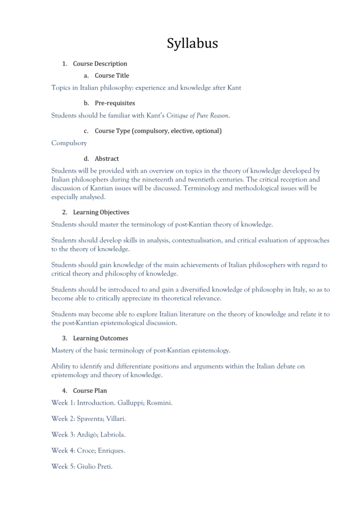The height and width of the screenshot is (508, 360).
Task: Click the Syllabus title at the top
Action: (192, 43)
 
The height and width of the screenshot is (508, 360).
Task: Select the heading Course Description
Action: (100, 63)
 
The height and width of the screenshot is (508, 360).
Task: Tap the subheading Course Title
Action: (112, 75)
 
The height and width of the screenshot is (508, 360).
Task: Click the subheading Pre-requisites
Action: (115, 103)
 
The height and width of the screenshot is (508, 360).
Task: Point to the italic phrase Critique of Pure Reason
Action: (197, 116)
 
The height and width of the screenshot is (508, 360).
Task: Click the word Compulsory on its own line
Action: (69, 143)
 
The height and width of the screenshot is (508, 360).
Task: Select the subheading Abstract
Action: (107, 159)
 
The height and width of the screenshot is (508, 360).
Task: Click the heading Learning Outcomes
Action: (100, 338)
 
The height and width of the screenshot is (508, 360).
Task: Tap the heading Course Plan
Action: (90, 390)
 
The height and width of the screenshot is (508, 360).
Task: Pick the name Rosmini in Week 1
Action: (159, 402)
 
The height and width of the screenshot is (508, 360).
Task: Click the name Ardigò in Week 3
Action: (87, 435)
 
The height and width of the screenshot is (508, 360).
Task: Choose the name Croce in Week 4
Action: (87, 450)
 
